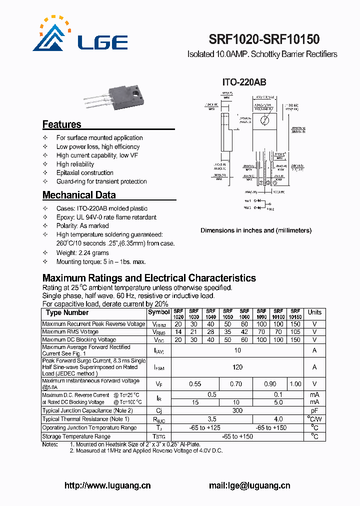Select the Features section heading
61,124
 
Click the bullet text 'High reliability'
75,164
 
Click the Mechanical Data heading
79,195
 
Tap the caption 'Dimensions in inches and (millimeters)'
256,230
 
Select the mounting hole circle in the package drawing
265,120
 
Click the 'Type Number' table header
67,312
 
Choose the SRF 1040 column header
211,314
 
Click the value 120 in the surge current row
237,367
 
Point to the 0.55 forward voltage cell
194,384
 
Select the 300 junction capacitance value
237,410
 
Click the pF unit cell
314,410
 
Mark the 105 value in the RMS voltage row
295,332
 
